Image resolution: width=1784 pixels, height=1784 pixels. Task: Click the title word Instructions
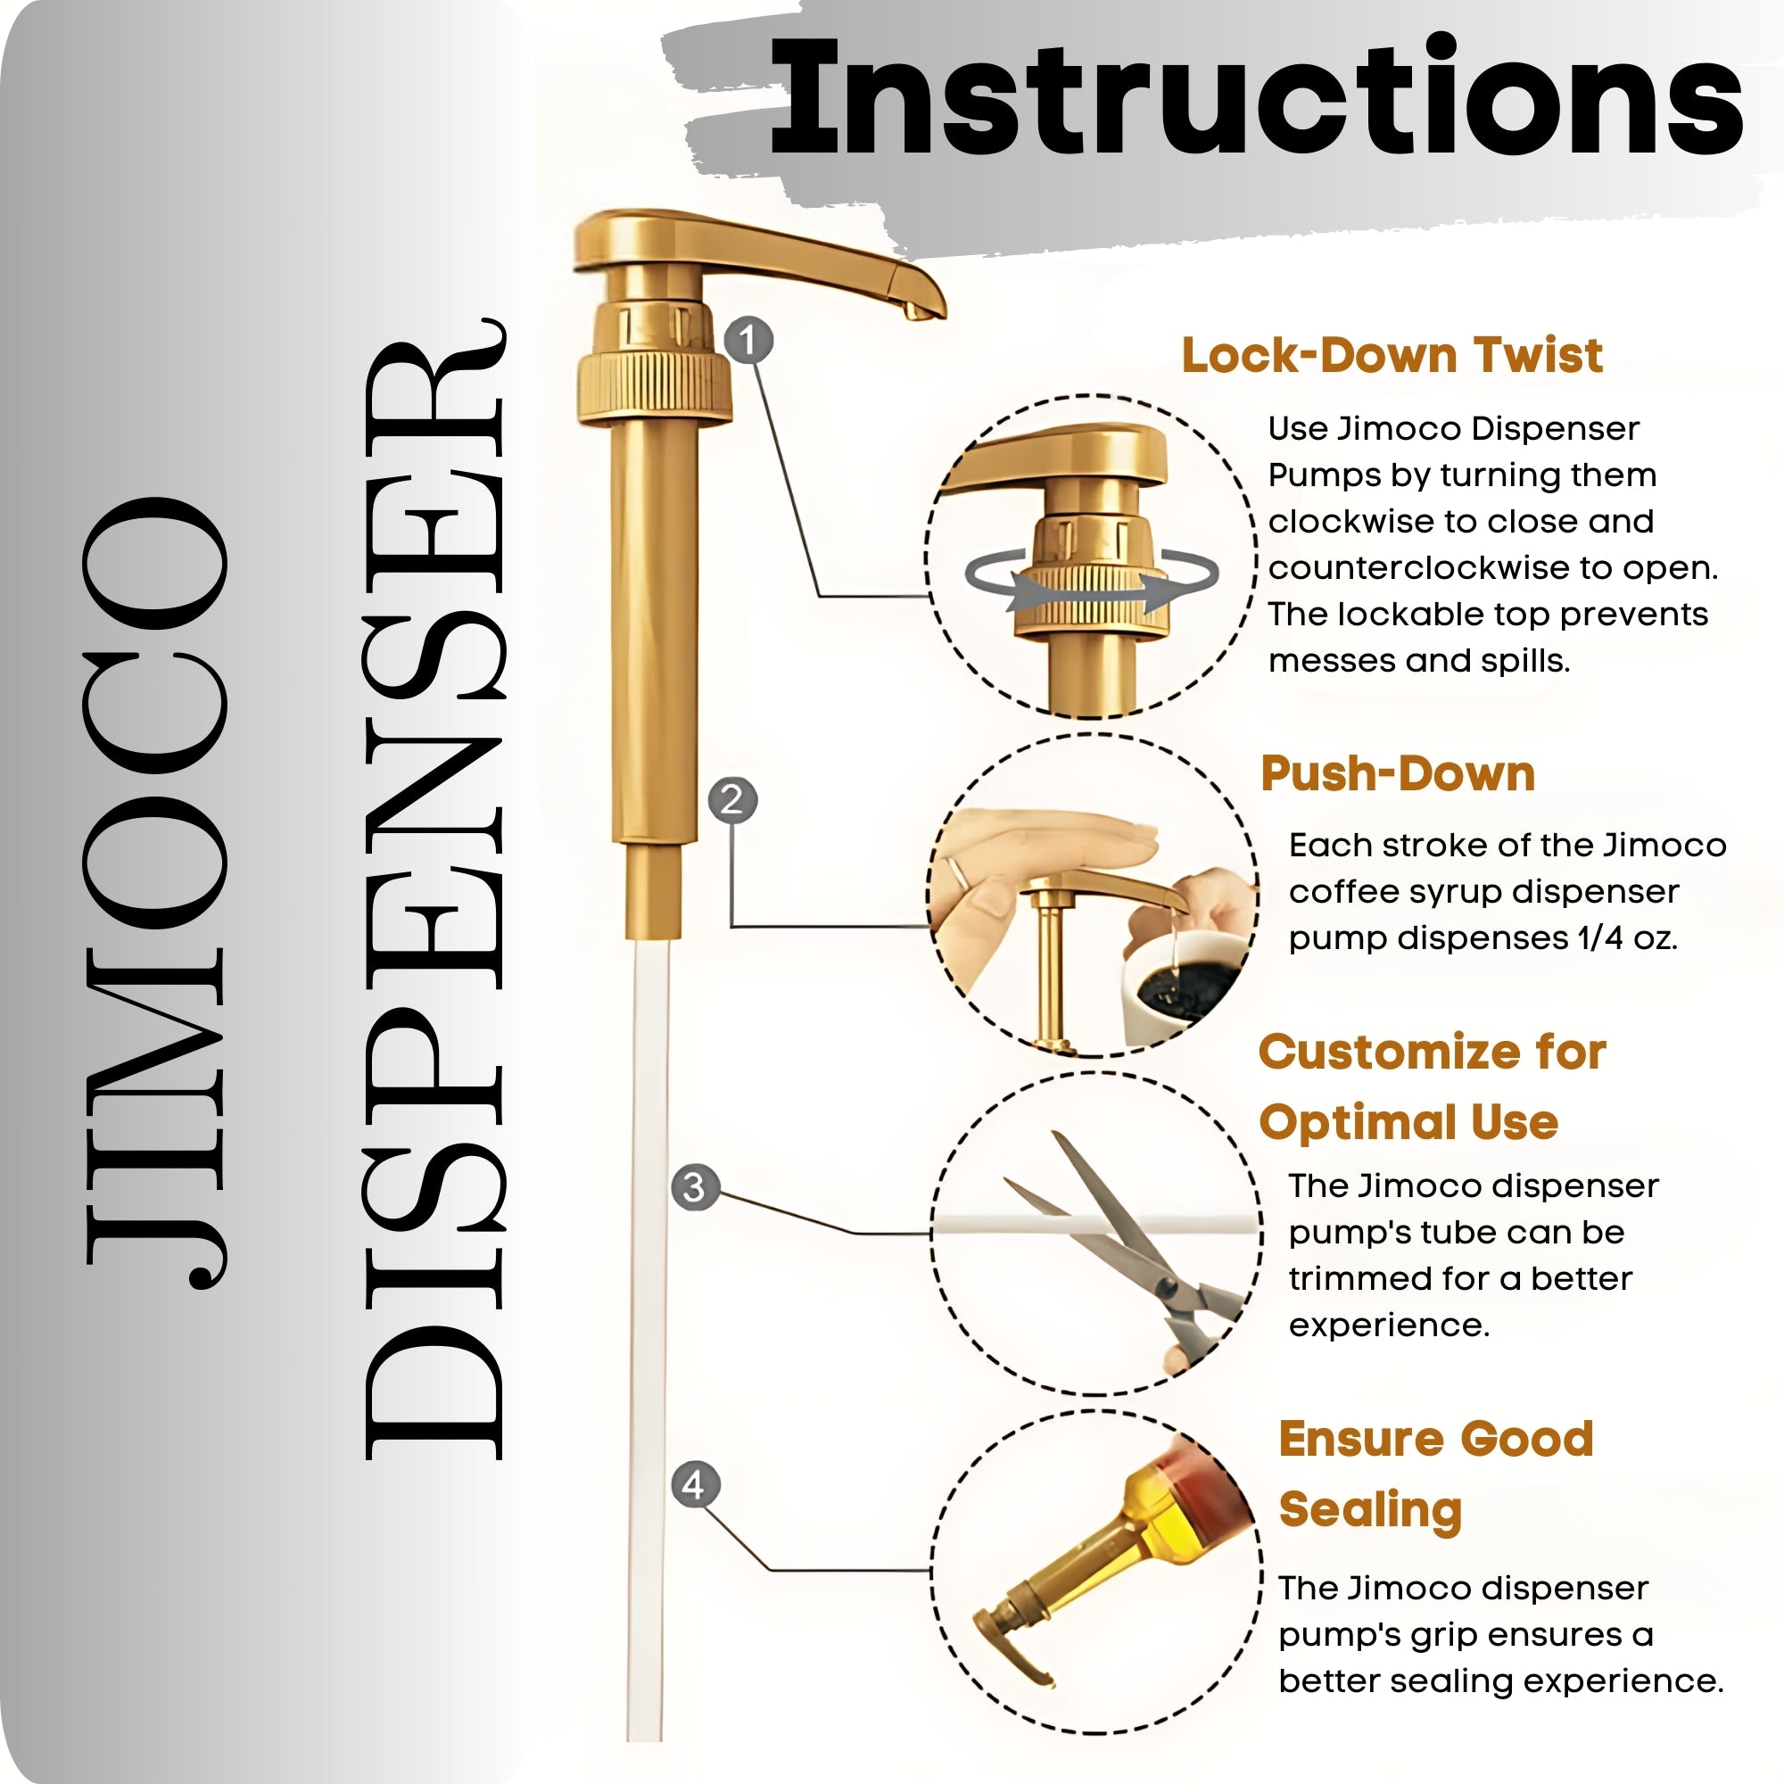[1256, 97]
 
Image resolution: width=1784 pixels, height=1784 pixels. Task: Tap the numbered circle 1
[749, 340]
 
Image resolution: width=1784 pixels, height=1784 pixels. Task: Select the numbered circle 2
[732, 799]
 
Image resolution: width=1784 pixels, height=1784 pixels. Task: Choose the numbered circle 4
[694, 1486]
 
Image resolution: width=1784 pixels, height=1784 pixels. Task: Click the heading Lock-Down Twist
[1392, 356]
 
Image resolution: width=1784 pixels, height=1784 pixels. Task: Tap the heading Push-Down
[1398, 773]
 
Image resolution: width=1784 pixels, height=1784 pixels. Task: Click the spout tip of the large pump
[923, 310]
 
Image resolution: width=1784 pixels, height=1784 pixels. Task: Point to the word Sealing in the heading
[1370, 1510]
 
